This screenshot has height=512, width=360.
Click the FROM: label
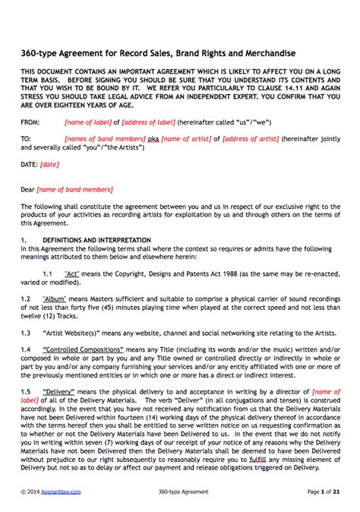(30, 122)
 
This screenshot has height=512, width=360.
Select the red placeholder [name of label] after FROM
(90, 122)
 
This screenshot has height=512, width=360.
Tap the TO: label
(26, 139)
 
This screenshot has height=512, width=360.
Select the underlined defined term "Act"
(72, 271)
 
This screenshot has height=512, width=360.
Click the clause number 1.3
(26, 332)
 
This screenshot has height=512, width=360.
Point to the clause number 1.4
(26, 349)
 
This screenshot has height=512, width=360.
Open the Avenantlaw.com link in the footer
(62, 492)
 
